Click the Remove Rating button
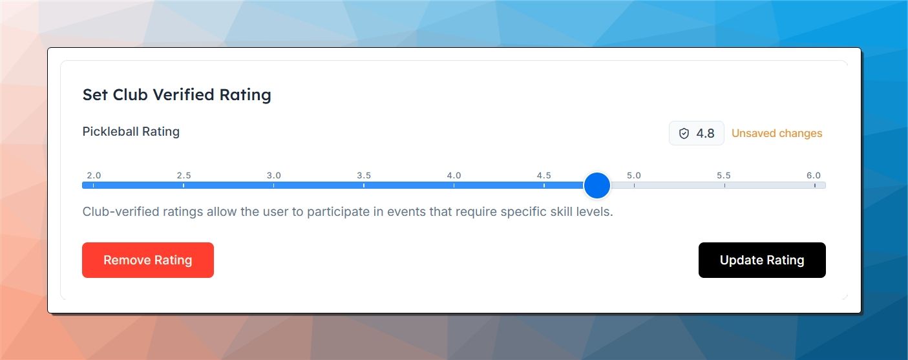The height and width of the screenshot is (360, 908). pyautogui.click(x=148, y=260)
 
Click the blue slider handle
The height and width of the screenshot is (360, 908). pyautogui.click(x=597, y=185)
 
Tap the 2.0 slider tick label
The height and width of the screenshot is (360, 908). pyautogui.click(x=94, y=176)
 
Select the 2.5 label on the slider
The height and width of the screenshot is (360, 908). pyautogui.click(x=184, y=176)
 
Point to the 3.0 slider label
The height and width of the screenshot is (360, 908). pyautogui.click(x=273, y=176)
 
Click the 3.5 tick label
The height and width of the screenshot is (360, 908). pyautogui.click(x=364, y=176)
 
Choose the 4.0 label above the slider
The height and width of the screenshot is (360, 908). pyautogui.click(x=454, y=176)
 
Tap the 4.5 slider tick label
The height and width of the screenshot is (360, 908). pyautogui.click(x=544, y=176)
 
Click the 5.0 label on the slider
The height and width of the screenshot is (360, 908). pyautogui.click(x=634, y=176)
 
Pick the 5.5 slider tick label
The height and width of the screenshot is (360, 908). pyautogui.click(x=724, y=176)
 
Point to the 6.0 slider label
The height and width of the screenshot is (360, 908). pyautogui.click(x=814, y=176)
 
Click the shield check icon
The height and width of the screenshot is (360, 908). pyautogui.click(x=684, y=133)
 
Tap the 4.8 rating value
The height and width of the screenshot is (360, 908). pyautogui.click(x=705, y=133)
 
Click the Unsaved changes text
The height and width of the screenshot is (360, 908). pyautogui.click(x=777, y=133)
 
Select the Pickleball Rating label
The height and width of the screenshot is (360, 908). pyautogui.click(x=131, y=132)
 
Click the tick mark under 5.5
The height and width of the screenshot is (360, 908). pyautogui.click(x=724, y=185)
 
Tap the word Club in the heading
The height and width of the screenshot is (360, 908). pyautogui.click(x=130, y=95)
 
